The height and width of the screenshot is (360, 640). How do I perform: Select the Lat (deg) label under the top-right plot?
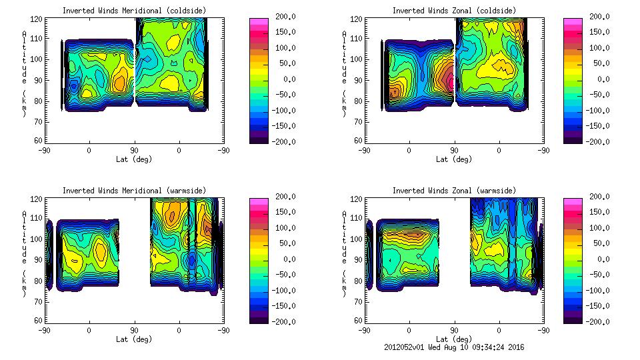click(x=454, y=159)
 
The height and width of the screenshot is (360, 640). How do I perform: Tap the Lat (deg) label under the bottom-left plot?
click(x=134, y=339)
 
